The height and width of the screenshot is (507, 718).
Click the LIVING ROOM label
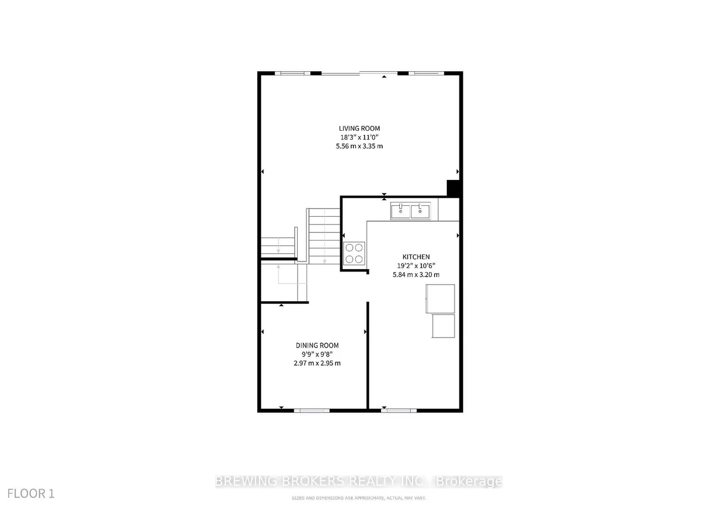(359, 129)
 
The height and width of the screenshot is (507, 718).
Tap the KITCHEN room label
(415, 257)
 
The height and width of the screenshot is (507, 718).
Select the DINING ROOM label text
(317, 345)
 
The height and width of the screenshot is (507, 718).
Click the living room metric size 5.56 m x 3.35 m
(359, 146)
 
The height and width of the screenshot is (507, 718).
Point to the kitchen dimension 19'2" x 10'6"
(415, 265)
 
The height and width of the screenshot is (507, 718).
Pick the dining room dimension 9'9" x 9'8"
(317, 354)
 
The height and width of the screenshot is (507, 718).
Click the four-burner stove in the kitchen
(354, 254)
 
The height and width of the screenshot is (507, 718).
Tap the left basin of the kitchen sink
(400, 211)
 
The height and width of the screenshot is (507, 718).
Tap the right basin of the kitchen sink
(420, 211)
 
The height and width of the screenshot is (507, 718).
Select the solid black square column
(453, 188)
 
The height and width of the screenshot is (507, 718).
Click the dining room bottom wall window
(312, 410)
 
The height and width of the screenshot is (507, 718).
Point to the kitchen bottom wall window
(399, 410)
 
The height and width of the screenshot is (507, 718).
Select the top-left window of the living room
(293, 73)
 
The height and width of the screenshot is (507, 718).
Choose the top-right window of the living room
(426, 73)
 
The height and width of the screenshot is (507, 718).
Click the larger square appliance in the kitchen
(440, 298)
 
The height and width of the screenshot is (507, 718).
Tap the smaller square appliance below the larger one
(443, 326)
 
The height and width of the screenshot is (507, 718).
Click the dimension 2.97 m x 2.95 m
(317, 363)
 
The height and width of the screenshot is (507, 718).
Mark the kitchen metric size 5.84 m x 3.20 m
(415, 274)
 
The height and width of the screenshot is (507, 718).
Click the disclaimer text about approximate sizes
(359, 499)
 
